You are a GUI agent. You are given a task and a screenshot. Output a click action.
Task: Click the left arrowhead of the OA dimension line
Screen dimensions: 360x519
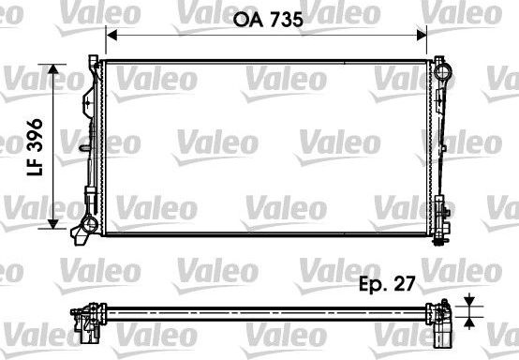coord(112,37)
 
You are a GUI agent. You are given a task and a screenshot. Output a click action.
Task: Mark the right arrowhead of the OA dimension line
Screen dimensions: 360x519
coord(423,37)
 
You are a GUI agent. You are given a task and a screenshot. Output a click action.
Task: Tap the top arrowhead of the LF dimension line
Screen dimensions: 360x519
coord(53,68)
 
